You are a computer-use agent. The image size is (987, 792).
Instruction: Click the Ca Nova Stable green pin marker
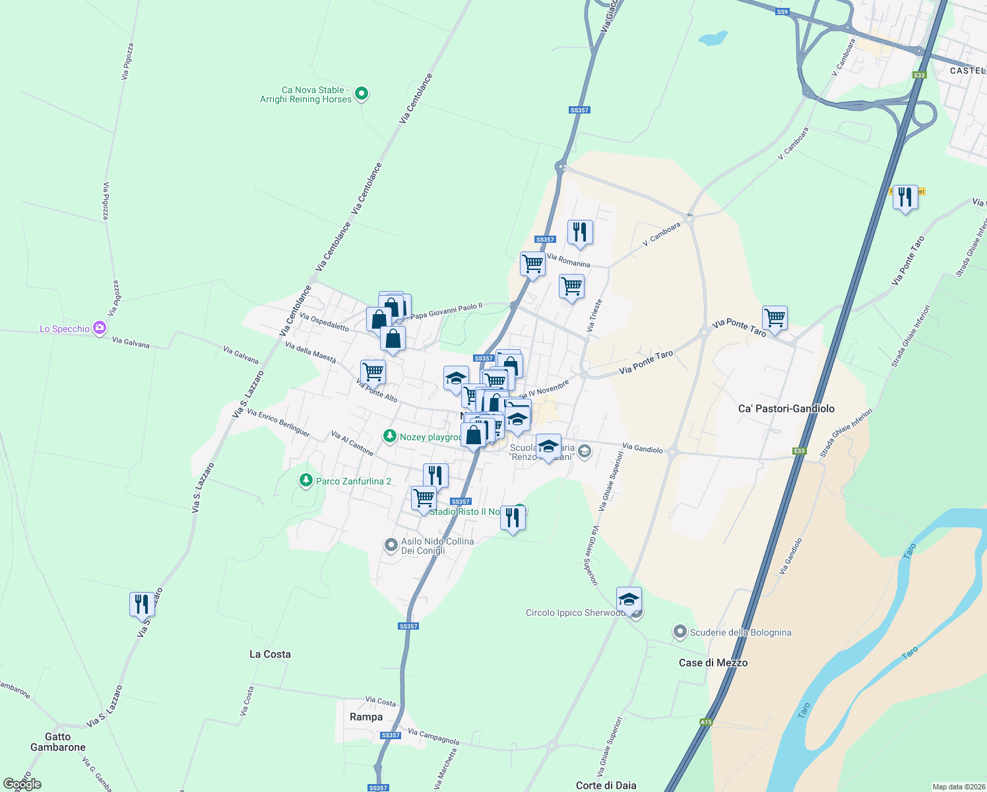[361, 94]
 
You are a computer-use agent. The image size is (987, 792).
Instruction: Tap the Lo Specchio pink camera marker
[100, 328]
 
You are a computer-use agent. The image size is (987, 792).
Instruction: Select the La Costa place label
[270, 654]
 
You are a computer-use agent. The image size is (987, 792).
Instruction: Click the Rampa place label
[366, 717]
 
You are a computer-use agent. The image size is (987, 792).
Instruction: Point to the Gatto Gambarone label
[58, 742]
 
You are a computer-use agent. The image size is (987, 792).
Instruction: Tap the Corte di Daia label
[606, 785]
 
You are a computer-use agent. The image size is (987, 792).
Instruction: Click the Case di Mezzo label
[713, 663]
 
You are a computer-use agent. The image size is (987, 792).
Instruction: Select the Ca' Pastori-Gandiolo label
[786, 409]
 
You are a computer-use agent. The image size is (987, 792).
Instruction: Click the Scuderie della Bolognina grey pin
[680, 632]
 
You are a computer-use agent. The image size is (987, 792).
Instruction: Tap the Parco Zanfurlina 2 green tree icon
[305, 480]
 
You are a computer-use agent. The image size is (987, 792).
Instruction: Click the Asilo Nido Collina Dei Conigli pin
[391, 545]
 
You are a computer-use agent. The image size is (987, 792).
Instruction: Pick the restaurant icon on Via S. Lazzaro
[142, 604]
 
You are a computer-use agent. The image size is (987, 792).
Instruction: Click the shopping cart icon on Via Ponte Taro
[775, 317]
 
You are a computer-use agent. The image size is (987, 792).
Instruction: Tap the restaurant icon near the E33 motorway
[905, 197]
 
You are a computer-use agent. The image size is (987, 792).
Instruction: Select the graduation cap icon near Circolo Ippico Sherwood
[629, 600]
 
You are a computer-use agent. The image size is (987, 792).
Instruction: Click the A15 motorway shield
[706, 722]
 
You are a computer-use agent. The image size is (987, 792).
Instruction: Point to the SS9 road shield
[782, 12]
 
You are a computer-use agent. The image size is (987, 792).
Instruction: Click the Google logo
[22, 784]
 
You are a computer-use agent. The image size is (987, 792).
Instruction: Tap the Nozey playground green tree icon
[390, 436]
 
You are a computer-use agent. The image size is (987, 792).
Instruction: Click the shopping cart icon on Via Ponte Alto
[373, 372]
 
